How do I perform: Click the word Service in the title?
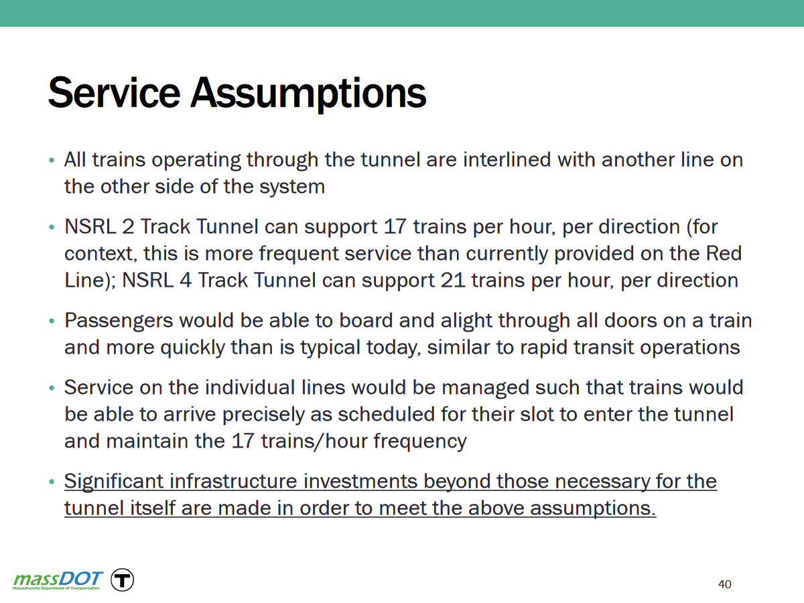pos(115,92)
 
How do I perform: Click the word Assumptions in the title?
pos(308,94)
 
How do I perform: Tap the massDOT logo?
pos(58,580)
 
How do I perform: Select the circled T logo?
pos(122,580)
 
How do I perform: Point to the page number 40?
pos(724,584)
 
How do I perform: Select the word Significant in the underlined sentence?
pos(114,482)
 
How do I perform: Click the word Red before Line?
pos(724,253)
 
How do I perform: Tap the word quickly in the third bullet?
pos(193,348)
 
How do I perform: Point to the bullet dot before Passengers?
pos(52,321)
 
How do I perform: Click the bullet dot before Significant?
pos(52,482)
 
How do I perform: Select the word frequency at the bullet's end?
pos(420,442)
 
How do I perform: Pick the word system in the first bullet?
pos(292,188)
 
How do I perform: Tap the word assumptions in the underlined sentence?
pos(593,509)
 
